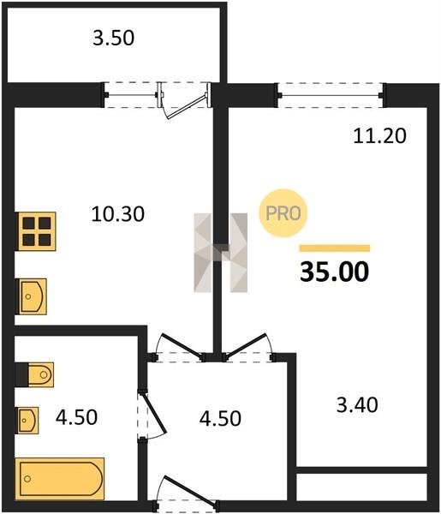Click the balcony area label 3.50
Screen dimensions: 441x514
[113, 38]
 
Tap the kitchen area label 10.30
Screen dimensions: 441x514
[118, 214]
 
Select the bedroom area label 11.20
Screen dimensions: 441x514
[379, 135]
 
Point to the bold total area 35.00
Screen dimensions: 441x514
[335, 272]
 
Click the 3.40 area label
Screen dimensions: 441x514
[357, 405]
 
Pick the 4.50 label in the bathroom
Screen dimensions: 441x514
[76, 417]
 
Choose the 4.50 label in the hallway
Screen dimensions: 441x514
[221, 418]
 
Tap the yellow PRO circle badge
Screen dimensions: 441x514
[283, 213]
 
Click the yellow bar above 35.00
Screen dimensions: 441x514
[335, 248]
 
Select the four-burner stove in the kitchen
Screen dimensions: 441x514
[36, 231]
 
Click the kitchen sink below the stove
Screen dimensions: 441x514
[32, 296]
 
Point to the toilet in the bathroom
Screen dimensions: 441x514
[35, 374]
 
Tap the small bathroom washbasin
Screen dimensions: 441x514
[27, 421]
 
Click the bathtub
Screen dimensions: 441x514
[60, 479]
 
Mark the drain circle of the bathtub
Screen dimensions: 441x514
[27, 479]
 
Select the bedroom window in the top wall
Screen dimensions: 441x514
[331, 95]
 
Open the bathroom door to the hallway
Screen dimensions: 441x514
[152, 415]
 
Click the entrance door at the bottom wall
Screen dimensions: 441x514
[186, 493]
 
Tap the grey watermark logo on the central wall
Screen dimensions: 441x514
[221, 253]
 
